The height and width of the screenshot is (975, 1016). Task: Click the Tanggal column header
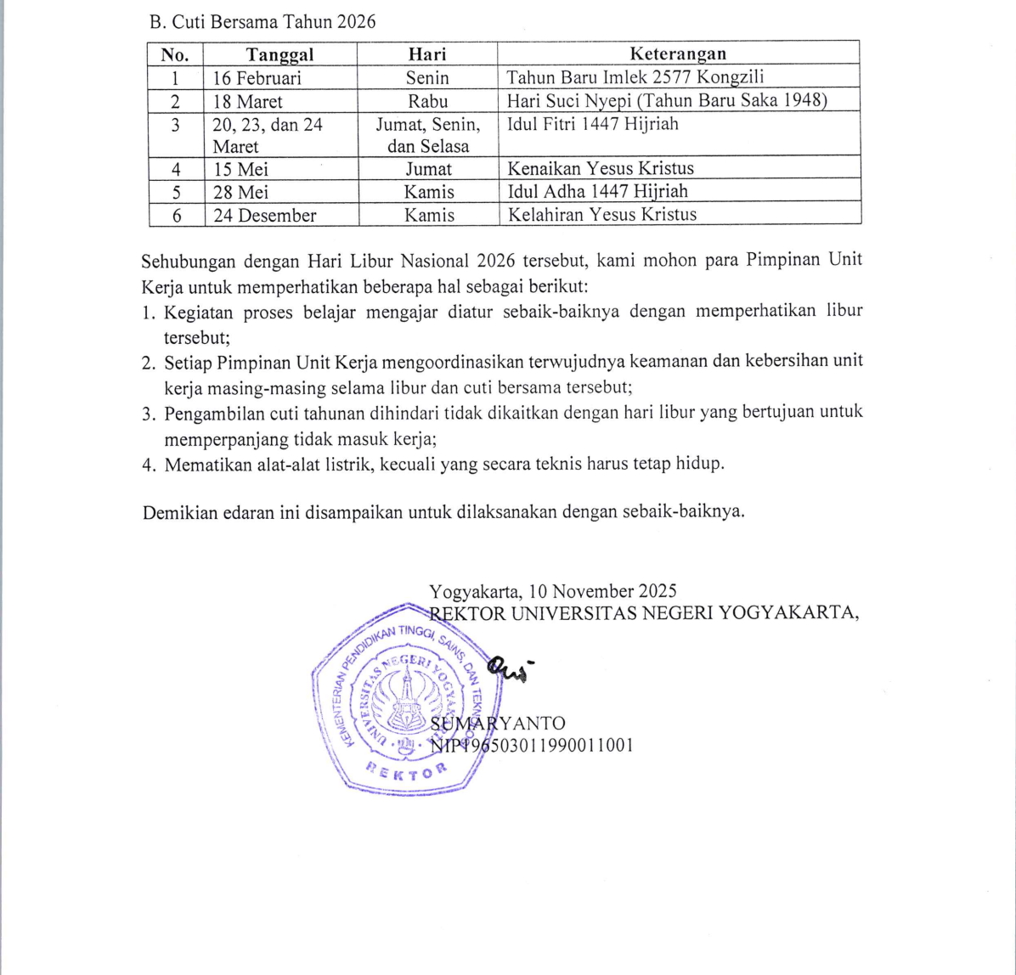pyautogui.click(x=279, y=54)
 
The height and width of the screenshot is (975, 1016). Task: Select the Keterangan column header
pyautogui.click(x=678, y=54)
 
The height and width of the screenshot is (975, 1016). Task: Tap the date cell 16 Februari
pyautogui.click(x=257, y=78)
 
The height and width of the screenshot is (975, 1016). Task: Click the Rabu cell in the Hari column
pyautogui.click(x=427, y=101)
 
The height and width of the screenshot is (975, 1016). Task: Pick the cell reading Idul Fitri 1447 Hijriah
pyautogui.click(x=591, y=124)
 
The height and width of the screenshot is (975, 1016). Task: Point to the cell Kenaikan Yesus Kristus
pyautogui.click(x=601, y=168)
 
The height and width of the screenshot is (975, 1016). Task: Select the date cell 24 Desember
pyautogui.click(x=264, y=215)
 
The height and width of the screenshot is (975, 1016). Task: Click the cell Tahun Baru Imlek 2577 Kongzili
pyautogui.click(x=635, y=78)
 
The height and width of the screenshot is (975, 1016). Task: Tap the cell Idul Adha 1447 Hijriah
pyautogui.click(x=597, y=191)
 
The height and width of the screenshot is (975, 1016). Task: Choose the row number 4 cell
pyautogui.click(x=176, y=168)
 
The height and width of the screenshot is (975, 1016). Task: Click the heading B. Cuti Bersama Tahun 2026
pyautogui.click(x=262, y=23)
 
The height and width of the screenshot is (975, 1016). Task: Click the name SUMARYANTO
pyautogui.click(x=498, y=724)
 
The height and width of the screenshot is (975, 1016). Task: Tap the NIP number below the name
pyautogui.click(x=532, y=746)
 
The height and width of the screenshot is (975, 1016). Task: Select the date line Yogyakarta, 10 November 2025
pyautogui.click(x=553, y=591)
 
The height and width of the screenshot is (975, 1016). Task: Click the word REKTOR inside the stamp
pyautogui.click(x=406, y=769)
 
